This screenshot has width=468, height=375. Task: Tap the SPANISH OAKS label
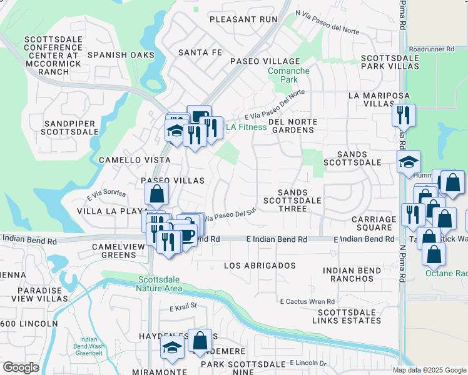[x=121, y=55]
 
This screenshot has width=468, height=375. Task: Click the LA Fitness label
[x=246, y=127]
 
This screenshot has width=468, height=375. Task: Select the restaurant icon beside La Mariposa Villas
[x=404, y=115]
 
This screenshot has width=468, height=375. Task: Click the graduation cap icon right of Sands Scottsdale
[x=409, y=161]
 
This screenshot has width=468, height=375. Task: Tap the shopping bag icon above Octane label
[x=434, y=254]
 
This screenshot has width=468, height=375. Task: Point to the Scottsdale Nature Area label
[x=160, y=284]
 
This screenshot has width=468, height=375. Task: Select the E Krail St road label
[x=183, y=306]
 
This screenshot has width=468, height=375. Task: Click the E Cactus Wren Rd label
[x=308, y=301]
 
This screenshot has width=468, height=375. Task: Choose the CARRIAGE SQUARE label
[x=374, y=223]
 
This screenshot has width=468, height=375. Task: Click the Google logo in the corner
[x=21, y=367]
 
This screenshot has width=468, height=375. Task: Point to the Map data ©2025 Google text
[x=429, y=370]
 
